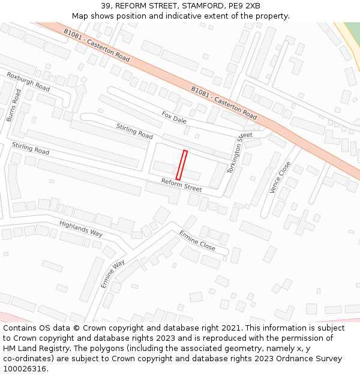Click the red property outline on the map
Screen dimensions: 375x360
tap(181, 165)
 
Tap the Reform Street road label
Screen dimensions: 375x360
tap(181, 185)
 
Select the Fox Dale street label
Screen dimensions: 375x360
tap(174, 116)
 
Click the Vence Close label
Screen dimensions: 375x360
tap(280, 177)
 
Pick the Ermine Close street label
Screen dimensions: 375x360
tap(197, 240)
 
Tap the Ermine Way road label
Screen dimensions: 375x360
tap(113, 274)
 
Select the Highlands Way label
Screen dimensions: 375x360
tap(81, 228)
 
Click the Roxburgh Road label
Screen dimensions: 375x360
tap(28, 82)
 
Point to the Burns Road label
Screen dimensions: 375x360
tap(13, 106)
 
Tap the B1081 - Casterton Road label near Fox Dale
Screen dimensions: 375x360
tap(224, 102)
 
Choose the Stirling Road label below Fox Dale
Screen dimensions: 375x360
tap(134, 131)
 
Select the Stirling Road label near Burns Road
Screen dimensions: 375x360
tap(31, 148)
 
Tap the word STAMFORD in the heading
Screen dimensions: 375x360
tap(201, 6)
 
